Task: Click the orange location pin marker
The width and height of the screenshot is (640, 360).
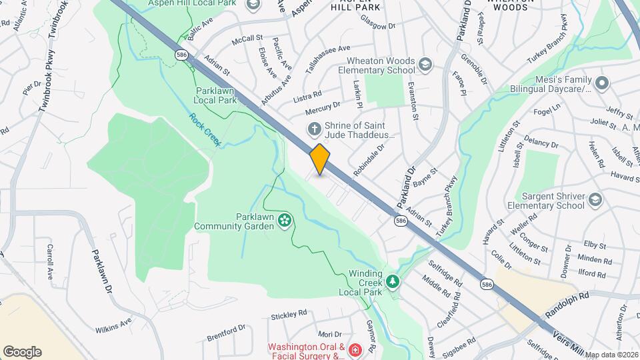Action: [320, 159]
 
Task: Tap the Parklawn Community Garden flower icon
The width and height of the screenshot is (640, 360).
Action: [285, 219]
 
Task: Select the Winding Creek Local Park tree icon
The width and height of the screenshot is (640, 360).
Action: [393, 282]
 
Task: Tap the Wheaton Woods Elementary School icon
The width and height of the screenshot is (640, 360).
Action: [425, 65]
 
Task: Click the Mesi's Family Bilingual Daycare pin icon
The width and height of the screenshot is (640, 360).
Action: [602, 84]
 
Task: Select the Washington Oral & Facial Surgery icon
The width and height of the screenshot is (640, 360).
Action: [355, 349]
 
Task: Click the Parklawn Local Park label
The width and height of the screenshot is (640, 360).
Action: [216, 95]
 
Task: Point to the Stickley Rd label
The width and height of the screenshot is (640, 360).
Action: [289, 313]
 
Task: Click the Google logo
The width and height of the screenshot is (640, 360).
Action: [22, 351]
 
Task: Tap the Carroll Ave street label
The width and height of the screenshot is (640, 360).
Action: [50, 261]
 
